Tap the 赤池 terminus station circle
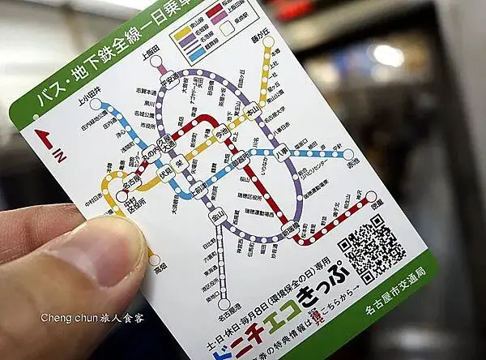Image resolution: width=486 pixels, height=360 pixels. pyautogui.click(x=348, y=154)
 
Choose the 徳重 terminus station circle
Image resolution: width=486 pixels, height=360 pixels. pyautogui.click(x=371, y=196)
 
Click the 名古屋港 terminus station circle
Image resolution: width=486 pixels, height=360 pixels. pyautogui.click(x=224, y=305)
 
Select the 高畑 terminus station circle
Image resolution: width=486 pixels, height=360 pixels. pyautogui.click(x=155, y=260)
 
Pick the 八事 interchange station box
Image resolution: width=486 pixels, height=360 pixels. pyautogui.click(x=282, y=150)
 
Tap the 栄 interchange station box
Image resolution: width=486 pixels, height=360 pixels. pyautogui.click(x=185, y=160)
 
